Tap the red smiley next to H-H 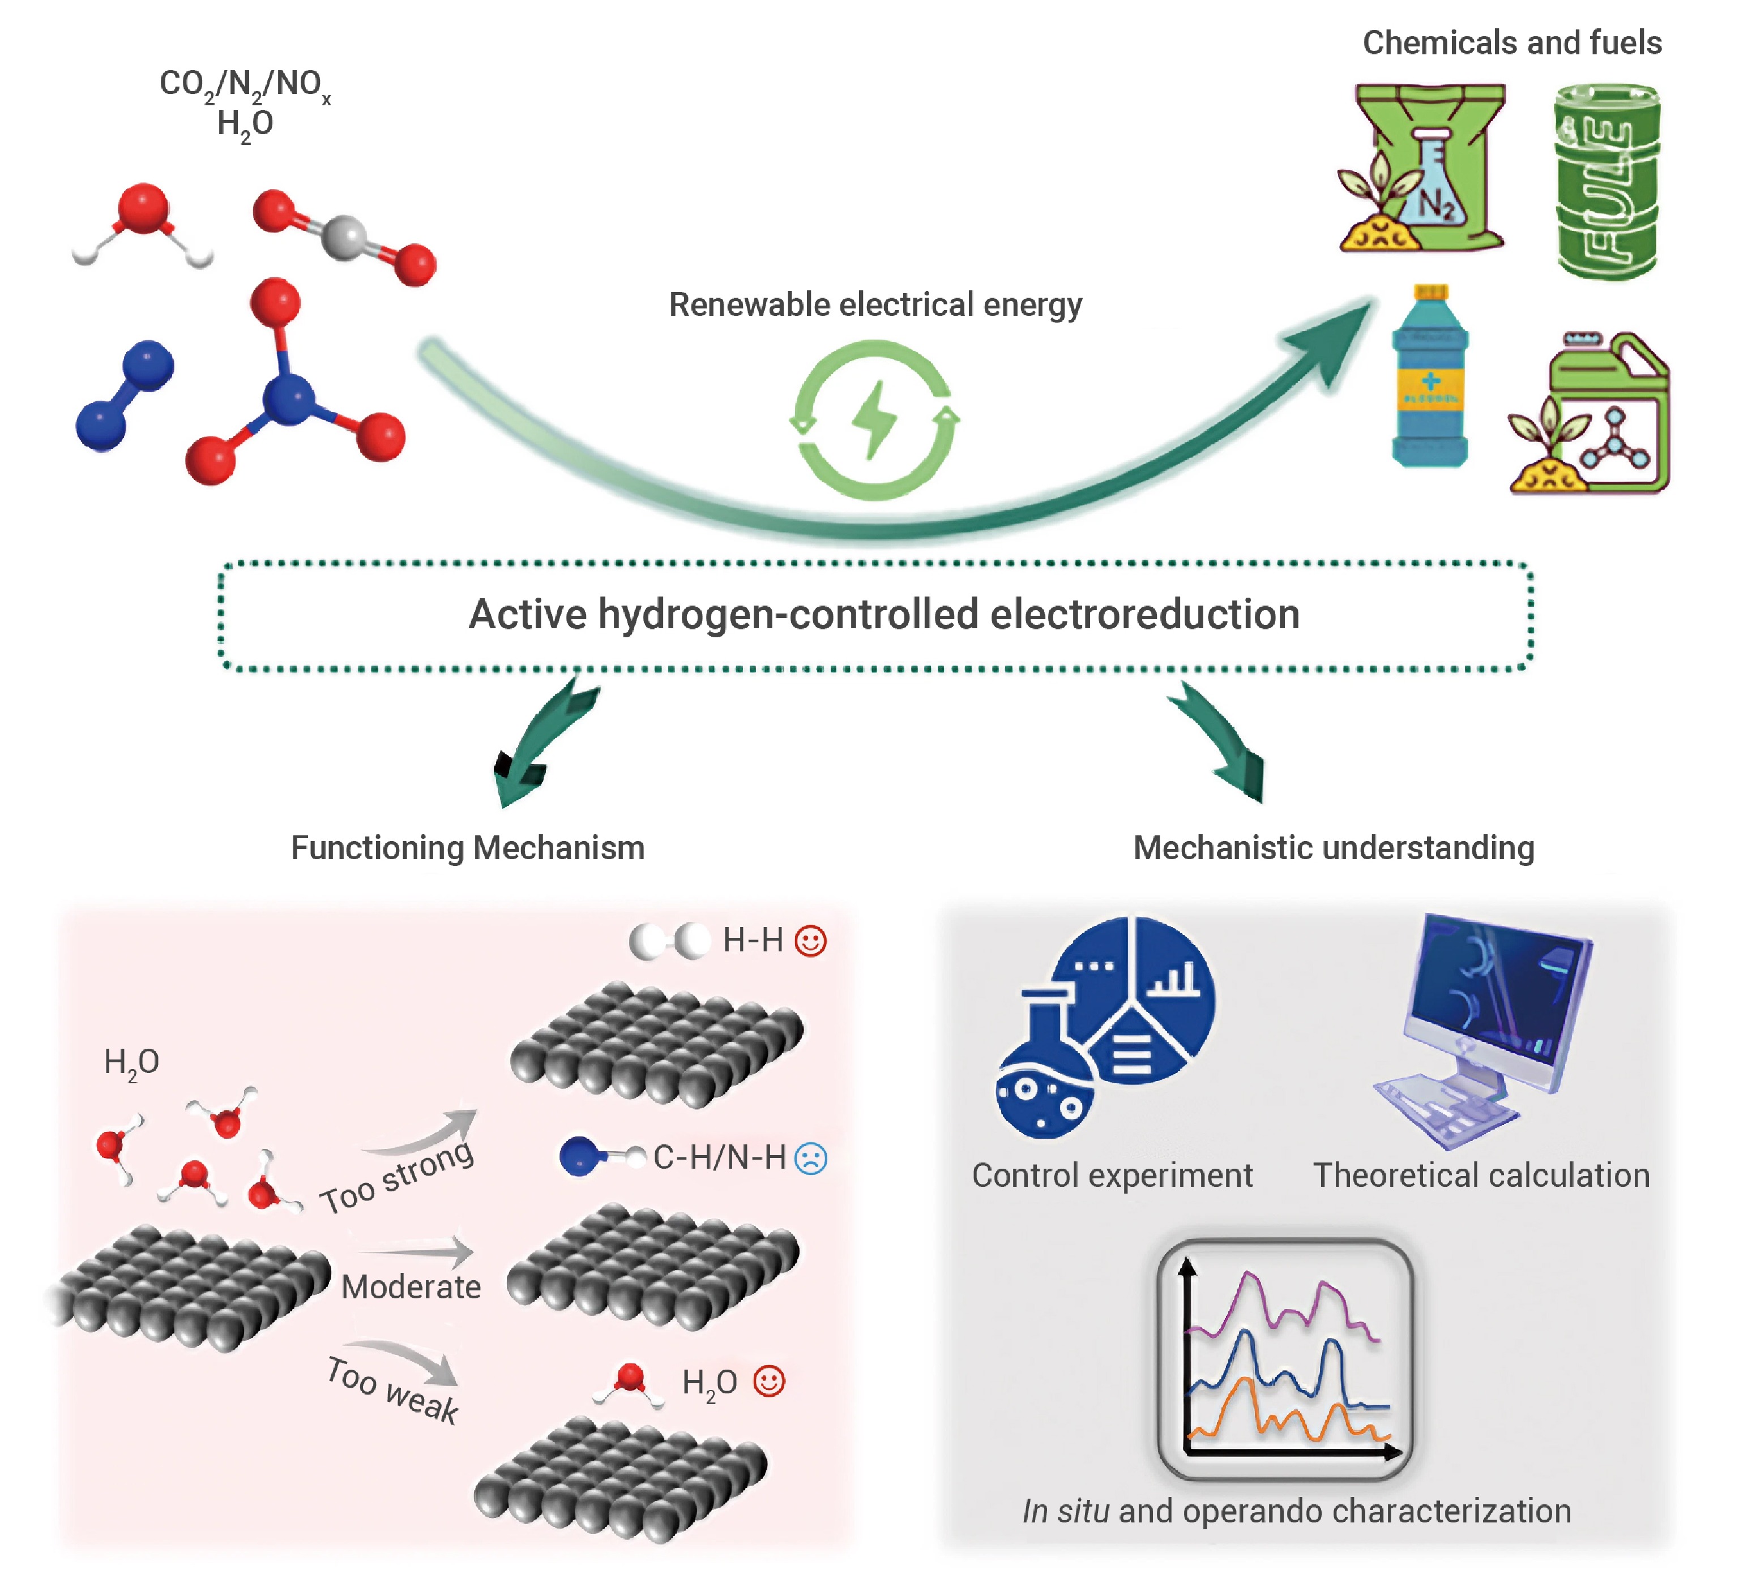point(810,940)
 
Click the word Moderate point(411,1287)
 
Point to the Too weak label point(392,1390)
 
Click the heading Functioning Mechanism point(468,848)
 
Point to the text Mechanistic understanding point(1333,848)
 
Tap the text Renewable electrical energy point(875,304)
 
